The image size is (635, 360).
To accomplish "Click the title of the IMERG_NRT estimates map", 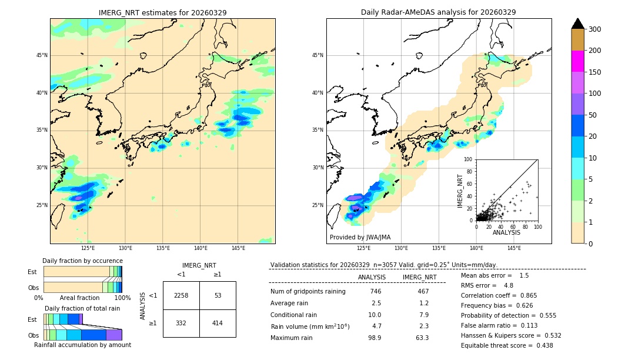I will click(162, 12).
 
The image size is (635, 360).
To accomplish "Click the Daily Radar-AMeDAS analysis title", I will click(438, 12).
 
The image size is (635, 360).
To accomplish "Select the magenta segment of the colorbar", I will click(577, 61).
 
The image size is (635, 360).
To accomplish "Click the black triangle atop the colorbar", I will click(577, 24).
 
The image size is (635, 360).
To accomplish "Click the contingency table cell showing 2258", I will click(181, 295).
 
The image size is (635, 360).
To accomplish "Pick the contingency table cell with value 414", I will click(218, 323).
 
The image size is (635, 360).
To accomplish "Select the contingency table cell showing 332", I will click(181, 323).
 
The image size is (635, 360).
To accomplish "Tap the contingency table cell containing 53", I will click(218, 295).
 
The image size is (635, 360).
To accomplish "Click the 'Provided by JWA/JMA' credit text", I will click(360, 238).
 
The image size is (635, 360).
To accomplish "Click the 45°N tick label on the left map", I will click(41, 55).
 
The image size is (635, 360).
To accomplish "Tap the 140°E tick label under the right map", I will click(476, 248).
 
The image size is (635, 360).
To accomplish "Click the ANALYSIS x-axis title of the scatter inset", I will click(506, 232).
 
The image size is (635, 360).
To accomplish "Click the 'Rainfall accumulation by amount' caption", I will click(82, 345).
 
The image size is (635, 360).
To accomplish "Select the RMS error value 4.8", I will click(509, 285).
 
